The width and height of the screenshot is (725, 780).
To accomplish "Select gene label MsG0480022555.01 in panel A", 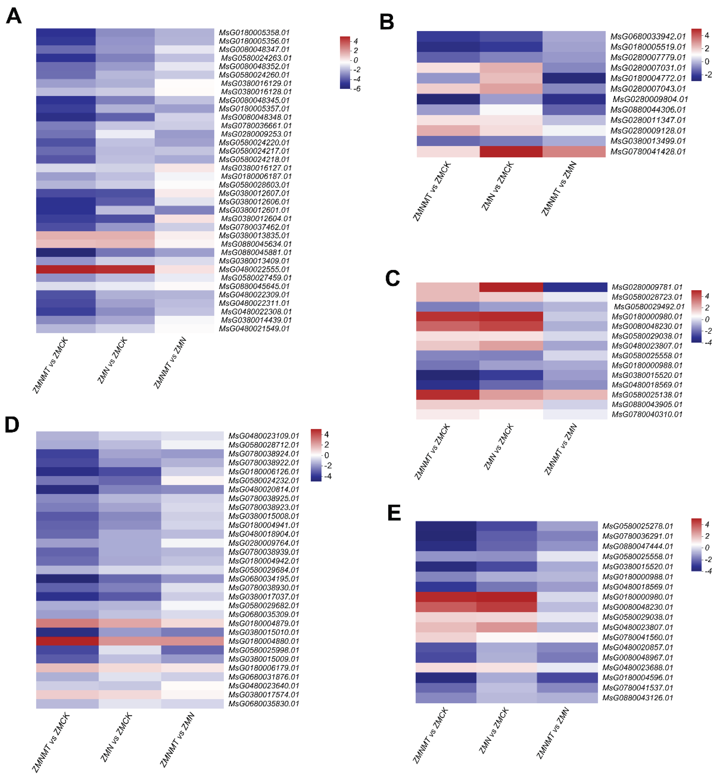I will [254, 269].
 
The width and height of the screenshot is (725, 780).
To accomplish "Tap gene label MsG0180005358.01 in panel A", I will [254, 33].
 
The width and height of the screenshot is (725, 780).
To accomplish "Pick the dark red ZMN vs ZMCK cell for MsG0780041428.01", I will [511, 151].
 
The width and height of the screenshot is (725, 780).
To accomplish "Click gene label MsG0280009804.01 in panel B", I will [650, 99].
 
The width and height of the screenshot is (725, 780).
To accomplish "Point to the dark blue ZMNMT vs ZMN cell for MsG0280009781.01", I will [575, 287].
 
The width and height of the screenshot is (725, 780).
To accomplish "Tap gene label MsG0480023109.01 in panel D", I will [264, 436].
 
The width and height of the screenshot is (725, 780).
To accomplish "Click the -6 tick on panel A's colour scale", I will [357, 89].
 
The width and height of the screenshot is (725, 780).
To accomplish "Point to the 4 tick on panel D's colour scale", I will [326, 435].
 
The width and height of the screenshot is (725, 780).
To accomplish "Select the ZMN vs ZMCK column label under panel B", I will [497, 186].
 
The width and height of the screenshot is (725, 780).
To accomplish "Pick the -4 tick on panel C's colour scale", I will [708, 342].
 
